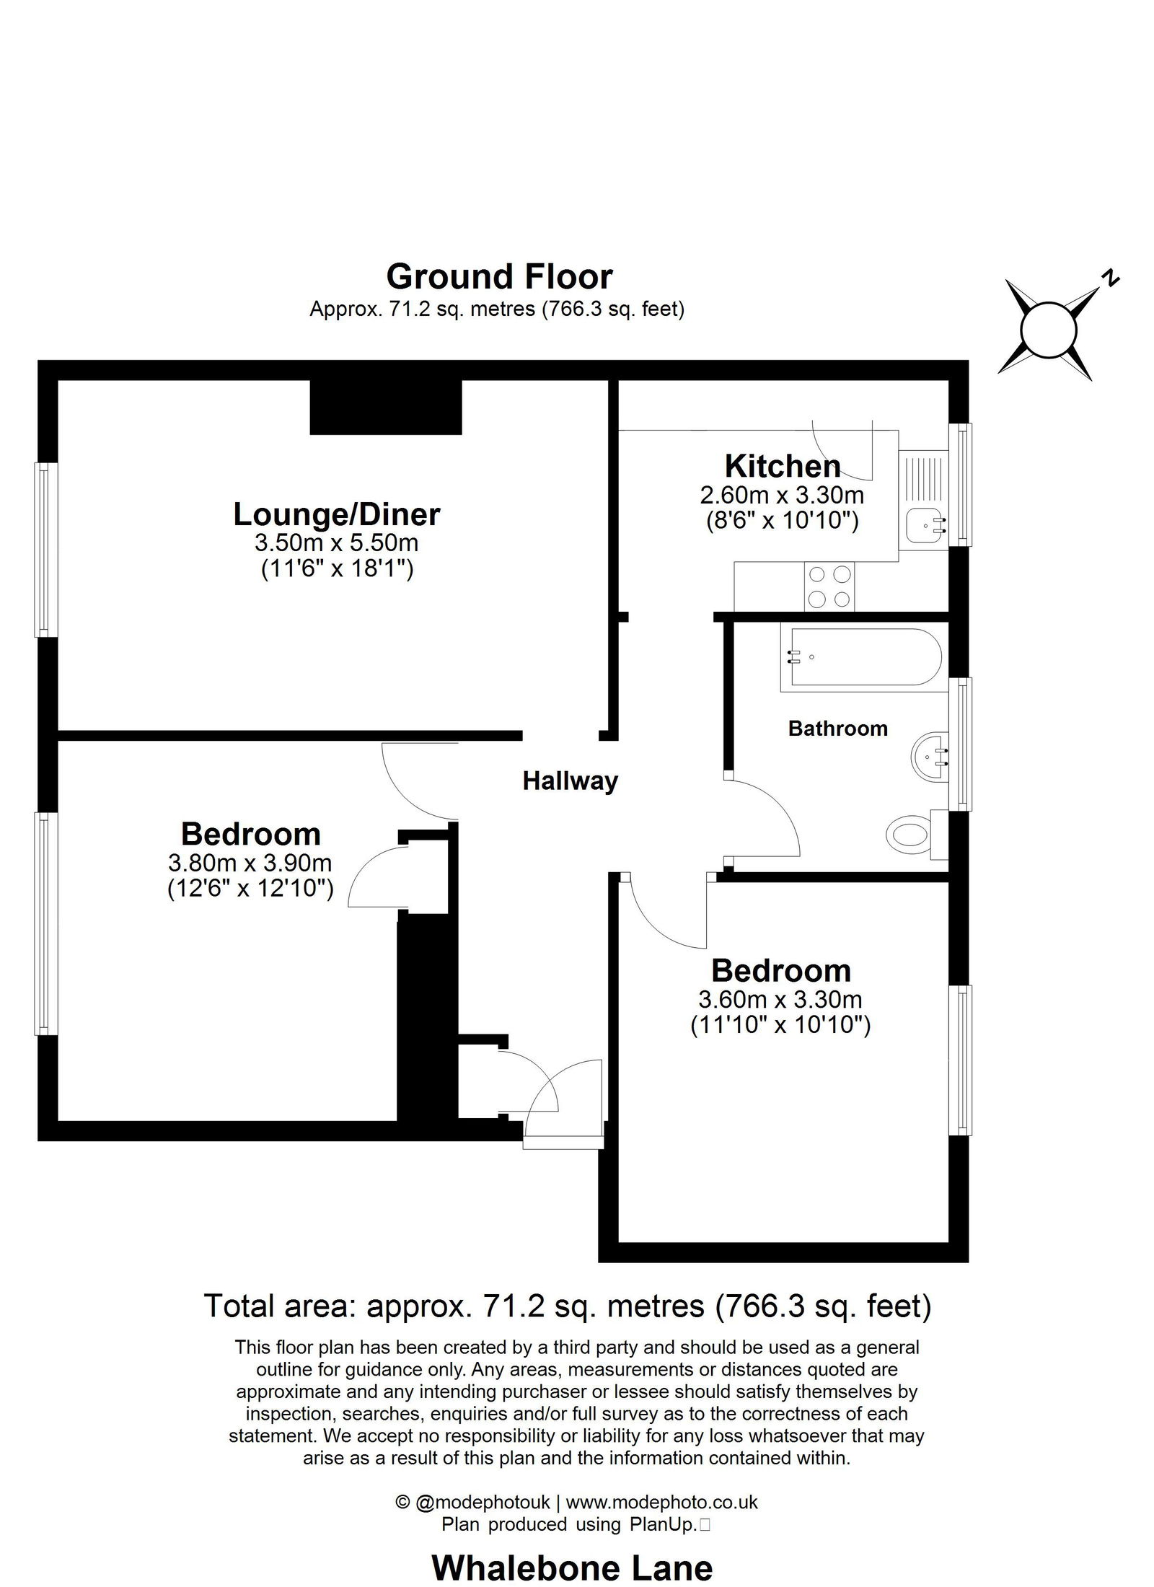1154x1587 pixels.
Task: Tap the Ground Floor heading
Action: tap(499, 276)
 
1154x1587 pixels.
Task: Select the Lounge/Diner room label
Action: tap(337, 514)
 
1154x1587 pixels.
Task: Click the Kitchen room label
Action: tap(783, 466)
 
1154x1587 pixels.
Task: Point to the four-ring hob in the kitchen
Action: tap(829, 586)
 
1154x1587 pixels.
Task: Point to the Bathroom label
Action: tap(837, 729)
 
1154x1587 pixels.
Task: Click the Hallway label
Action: tap(570, 781)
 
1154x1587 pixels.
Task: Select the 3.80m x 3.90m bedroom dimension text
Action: tap(250, 862)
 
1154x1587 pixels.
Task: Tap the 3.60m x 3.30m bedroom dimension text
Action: tap(780, 1000)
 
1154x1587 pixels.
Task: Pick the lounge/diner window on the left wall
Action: tap(46, 550)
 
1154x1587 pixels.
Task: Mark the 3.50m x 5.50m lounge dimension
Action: tap(336, 542)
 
